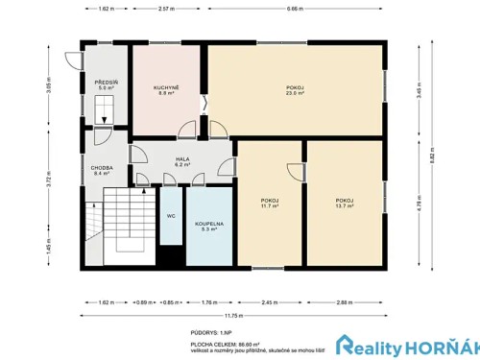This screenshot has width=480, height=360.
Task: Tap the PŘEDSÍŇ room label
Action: (106, 84)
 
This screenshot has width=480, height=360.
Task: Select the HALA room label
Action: (182, 159)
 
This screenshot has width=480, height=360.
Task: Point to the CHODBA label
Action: (103, 167)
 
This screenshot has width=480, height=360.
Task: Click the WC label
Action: (171, 216)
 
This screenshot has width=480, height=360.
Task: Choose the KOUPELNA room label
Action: (209, 224)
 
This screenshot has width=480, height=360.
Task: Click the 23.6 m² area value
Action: (295, 93)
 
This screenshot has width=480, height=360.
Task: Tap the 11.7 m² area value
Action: (270, 205)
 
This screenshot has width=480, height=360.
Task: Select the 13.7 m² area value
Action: (346, 205)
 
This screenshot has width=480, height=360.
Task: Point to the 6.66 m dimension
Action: (295, 9)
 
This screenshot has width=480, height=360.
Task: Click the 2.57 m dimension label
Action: (165, 9)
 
